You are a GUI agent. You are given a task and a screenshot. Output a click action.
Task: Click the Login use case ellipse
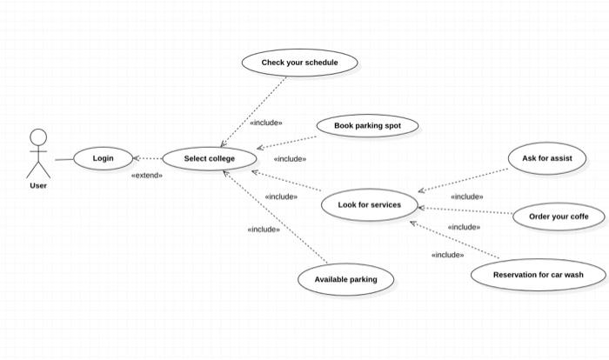coord(104,158)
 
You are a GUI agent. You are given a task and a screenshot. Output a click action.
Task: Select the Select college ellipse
coord(210,159)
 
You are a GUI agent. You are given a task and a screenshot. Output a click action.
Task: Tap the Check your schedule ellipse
coord(299,63)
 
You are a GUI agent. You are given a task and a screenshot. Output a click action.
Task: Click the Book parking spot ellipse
coord(367,126)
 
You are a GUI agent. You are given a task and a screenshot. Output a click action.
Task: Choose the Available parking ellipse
coord(345,279)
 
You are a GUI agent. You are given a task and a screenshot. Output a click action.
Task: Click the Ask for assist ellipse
coord(546,158)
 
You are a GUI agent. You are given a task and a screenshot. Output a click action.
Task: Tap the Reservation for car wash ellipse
coord(538,275)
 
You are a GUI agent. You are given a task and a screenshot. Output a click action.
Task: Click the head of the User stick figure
coord(38,137)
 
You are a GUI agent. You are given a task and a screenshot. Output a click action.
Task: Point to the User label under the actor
coord(38,185)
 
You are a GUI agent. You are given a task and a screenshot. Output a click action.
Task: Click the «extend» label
coord(146,175)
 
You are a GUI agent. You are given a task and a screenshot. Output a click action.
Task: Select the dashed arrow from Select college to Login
coord(149,159)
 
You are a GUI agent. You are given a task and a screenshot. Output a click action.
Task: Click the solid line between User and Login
coord(64,159)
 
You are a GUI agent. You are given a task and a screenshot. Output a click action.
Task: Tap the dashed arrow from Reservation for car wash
coord(454,241)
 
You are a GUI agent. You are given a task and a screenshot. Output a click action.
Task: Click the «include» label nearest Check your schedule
coord(265,123)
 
